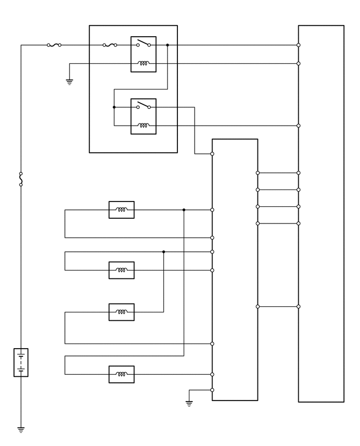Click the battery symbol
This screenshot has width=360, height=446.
(21, 362)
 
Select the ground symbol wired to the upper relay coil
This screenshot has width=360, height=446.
(70, 82)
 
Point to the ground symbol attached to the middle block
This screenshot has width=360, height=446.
(189, 403)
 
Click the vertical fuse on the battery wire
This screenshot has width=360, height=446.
(21, 179)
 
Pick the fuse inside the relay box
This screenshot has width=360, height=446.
(110, 45)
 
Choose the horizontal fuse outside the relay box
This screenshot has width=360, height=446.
(54, 45)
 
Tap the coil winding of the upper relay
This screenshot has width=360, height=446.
(143, 64)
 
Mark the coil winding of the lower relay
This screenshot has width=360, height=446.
(143, 126)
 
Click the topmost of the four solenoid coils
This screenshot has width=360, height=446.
(121, 210)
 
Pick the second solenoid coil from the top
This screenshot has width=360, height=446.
(121, 270)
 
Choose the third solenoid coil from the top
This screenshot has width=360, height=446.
(121, 312)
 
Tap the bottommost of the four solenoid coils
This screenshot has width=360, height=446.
(121, 374)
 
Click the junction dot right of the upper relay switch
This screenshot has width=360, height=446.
(167, 45)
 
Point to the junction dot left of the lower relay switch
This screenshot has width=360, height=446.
(114, 107)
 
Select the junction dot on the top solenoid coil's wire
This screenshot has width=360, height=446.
(184, 210)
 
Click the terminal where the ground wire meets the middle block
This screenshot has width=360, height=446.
(212, 390)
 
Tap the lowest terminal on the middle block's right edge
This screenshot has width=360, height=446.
(257, 306)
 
